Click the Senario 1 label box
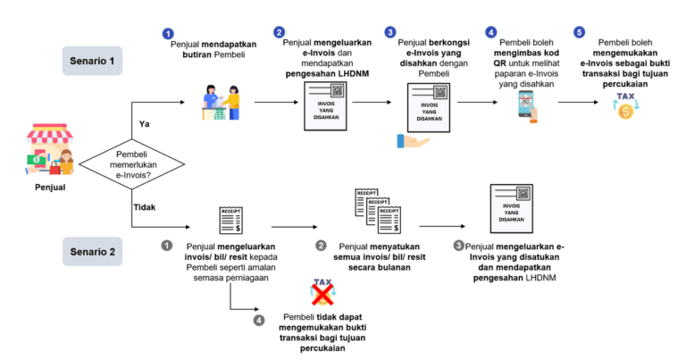(x=92, y=61)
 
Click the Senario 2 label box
(x=92, y=252)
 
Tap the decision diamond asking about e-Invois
(x=131, y=164)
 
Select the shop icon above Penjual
(x=49, y=148)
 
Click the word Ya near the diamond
(x=145, y=124)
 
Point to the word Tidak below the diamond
(x=145, y=207)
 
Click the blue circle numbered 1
(x=168, y=34)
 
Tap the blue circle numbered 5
(x=579, y=32)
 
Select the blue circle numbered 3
(x=389, y=32)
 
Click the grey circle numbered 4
(x=259, y=321)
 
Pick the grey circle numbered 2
(x=322, y=246)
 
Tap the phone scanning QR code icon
(x=527, y=106)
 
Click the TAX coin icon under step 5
(x=625, y=105)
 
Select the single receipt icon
(x=230, y=221)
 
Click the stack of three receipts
(x=378, y=211)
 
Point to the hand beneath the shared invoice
(x=413, y=141)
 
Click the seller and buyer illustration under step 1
(x=222, y=103)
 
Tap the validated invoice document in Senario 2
(x=512, y=209)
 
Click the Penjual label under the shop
(x=50, y=188)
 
